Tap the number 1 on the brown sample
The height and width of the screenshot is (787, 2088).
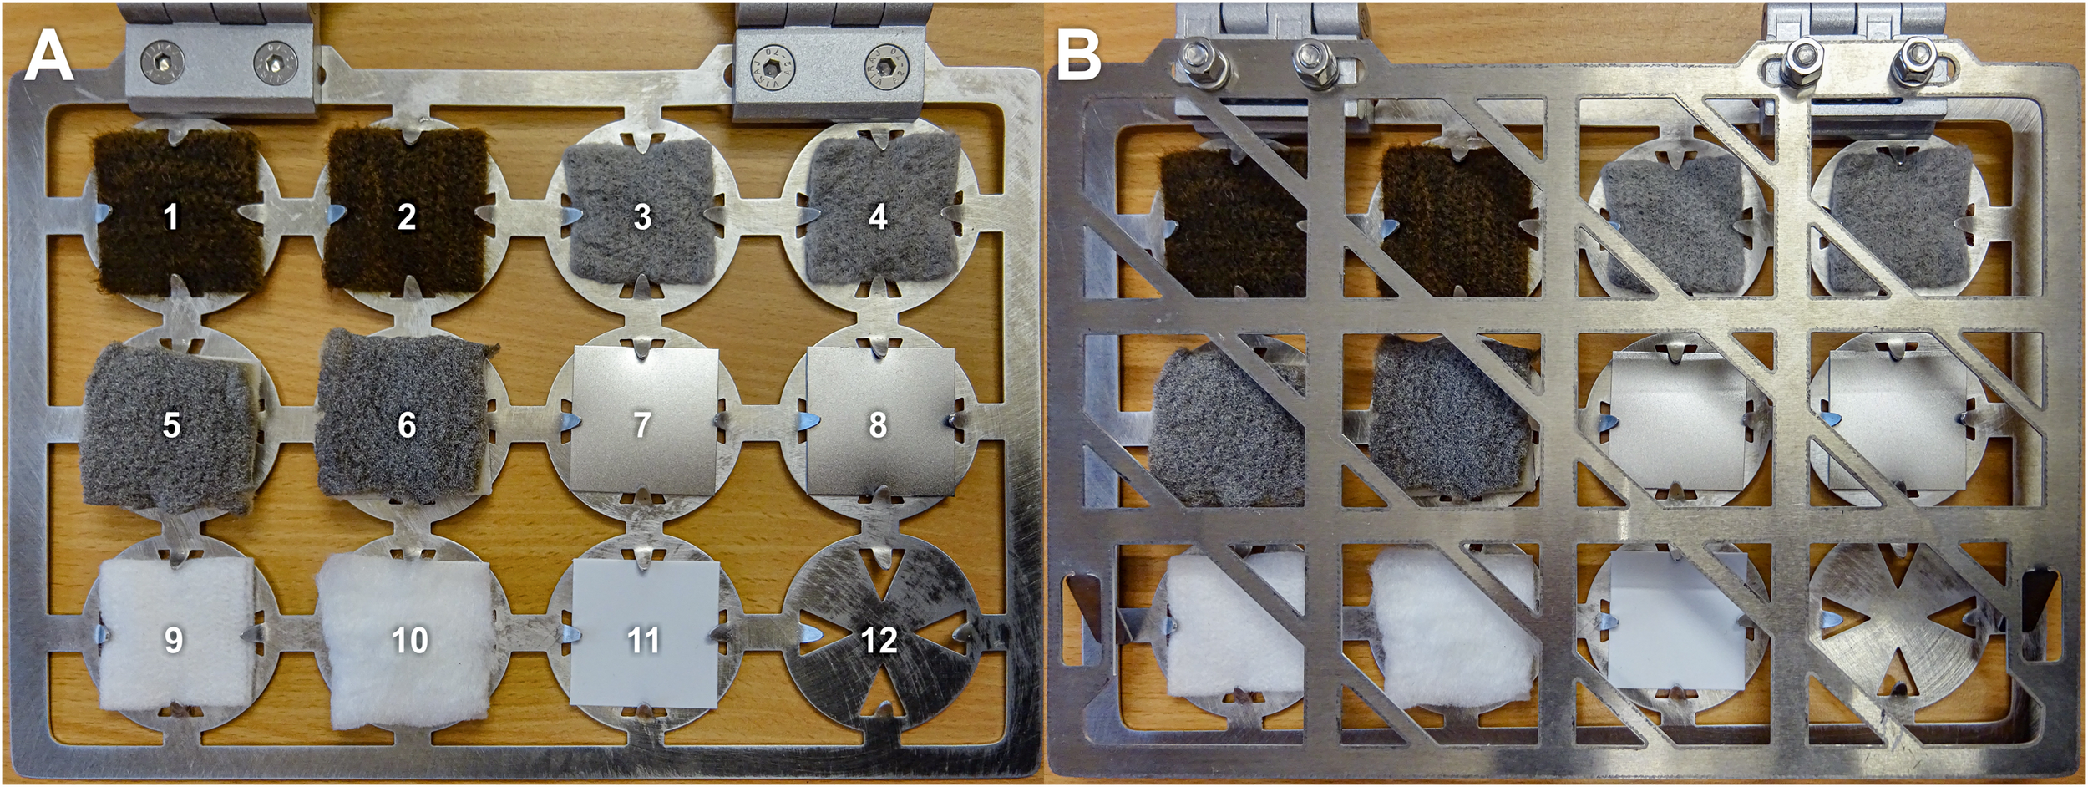[171, 217]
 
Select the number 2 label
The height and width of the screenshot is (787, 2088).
[407, 217]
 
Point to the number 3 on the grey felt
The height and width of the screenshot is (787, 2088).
[642, 217]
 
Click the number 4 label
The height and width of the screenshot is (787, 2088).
[878, 217]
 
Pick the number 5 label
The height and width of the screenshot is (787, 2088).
[171, 425]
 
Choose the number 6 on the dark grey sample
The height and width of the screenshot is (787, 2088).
[407, 425]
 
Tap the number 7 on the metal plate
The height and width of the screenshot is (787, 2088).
[641, 425]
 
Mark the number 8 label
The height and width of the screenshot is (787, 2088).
[878, 425]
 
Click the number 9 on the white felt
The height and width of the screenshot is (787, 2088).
[173, 640]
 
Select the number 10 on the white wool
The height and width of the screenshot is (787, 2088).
[409, 640]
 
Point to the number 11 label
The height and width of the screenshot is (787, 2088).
[643, 640]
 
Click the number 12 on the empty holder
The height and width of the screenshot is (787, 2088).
[878, 640]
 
